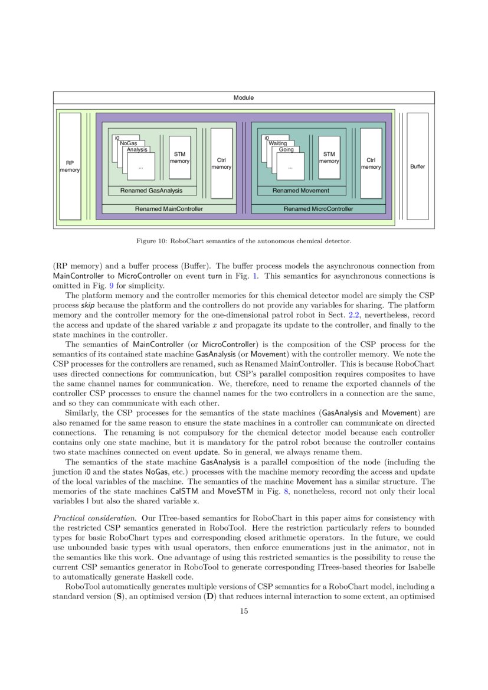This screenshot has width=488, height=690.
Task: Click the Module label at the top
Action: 244,97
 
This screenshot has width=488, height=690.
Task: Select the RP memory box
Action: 70,166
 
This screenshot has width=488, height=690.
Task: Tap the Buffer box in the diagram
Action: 417,166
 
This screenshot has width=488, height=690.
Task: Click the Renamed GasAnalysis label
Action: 151,191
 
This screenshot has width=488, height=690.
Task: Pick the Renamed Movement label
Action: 301,191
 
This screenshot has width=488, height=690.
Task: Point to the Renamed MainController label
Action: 169,209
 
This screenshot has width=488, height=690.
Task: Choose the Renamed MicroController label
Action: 318,209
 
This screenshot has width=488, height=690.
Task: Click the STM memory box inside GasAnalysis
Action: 179,158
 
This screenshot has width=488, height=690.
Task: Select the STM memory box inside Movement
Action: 329,158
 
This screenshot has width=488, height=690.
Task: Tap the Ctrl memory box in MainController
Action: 221,163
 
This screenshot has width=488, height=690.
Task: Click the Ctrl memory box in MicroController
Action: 371,163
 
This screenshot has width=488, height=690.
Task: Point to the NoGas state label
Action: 128,143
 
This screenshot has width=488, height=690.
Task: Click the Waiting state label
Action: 277,143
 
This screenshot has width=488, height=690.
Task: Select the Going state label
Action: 286,150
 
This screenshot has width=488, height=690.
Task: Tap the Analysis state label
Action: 137,150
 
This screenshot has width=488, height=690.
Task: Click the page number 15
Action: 244,611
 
